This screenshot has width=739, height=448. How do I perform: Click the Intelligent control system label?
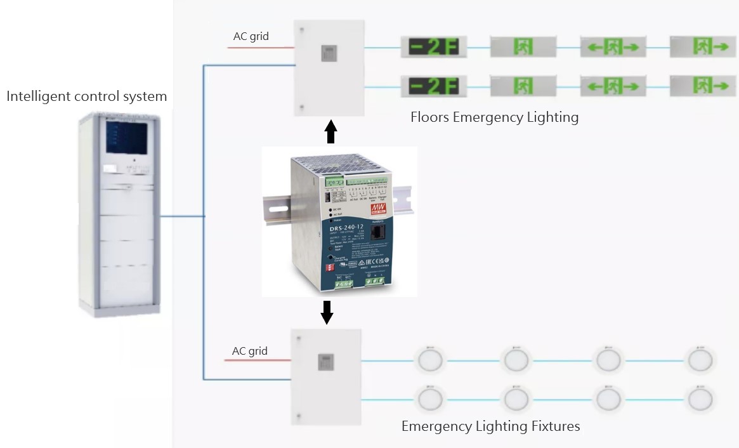(87, 96)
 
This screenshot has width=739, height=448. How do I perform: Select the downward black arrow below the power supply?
(327, 312)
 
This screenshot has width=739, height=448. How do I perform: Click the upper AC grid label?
(251, 36)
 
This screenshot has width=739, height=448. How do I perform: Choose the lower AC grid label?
(250, 351)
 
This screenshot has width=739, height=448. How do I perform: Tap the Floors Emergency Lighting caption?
(494, 117)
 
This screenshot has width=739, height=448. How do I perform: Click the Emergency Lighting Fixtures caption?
(490, 426)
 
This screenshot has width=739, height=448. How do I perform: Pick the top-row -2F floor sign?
(433, 47)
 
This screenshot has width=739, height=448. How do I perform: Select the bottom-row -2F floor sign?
(433, 86)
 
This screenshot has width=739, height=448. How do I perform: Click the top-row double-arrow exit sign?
(613, 47)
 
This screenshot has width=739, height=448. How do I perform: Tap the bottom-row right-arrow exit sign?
(702, 86)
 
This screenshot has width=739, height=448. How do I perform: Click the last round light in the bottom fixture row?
(700, 400)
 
